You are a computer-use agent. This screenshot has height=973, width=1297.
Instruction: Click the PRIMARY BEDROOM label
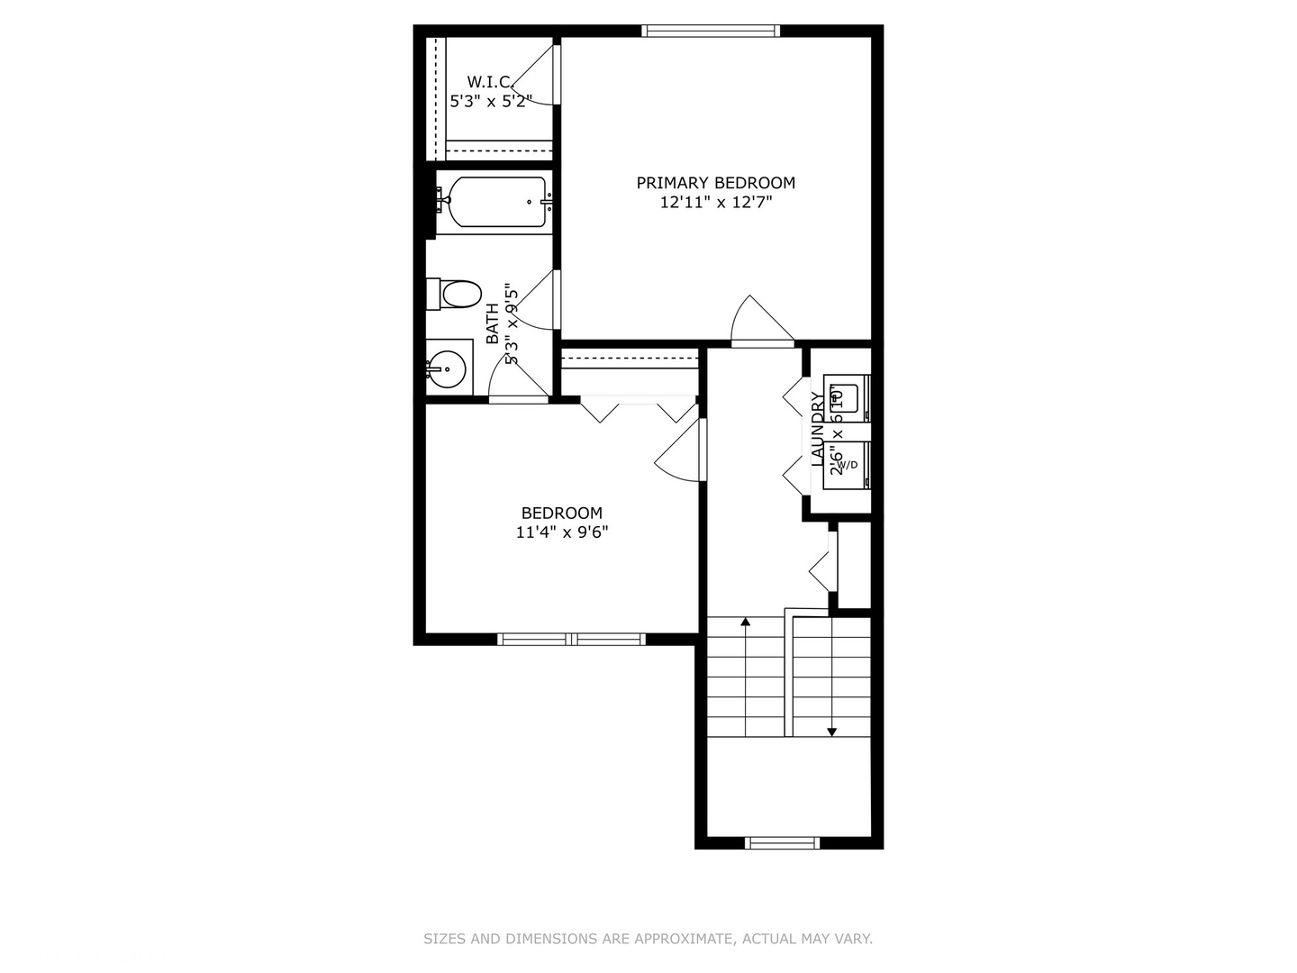point(715,183)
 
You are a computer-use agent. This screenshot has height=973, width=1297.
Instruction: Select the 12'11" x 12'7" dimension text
point(715,203)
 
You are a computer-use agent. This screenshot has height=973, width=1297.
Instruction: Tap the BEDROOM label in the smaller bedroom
point(561,514)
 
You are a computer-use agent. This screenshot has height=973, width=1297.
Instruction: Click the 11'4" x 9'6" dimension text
point(561,532)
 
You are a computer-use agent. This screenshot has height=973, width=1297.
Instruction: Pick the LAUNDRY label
point(818,429)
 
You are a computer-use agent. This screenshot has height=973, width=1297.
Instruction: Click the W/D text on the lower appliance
point(848,465)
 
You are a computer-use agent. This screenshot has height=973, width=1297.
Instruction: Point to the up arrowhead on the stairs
point(745,622)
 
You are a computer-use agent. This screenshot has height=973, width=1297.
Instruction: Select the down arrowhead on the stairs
point(831,732)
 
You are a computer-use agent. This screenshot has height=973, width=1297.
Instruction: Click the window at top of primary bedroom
point(711,32)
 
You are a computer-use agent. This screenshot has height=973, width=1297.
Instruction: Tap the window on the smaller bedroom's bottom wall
point(571,640)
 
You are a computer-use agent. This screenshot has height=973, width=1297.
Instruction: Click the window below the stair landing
point(782,843)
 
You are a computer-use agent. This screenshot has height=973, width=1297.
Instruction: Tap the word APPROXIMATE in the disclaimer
point(684,939)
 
